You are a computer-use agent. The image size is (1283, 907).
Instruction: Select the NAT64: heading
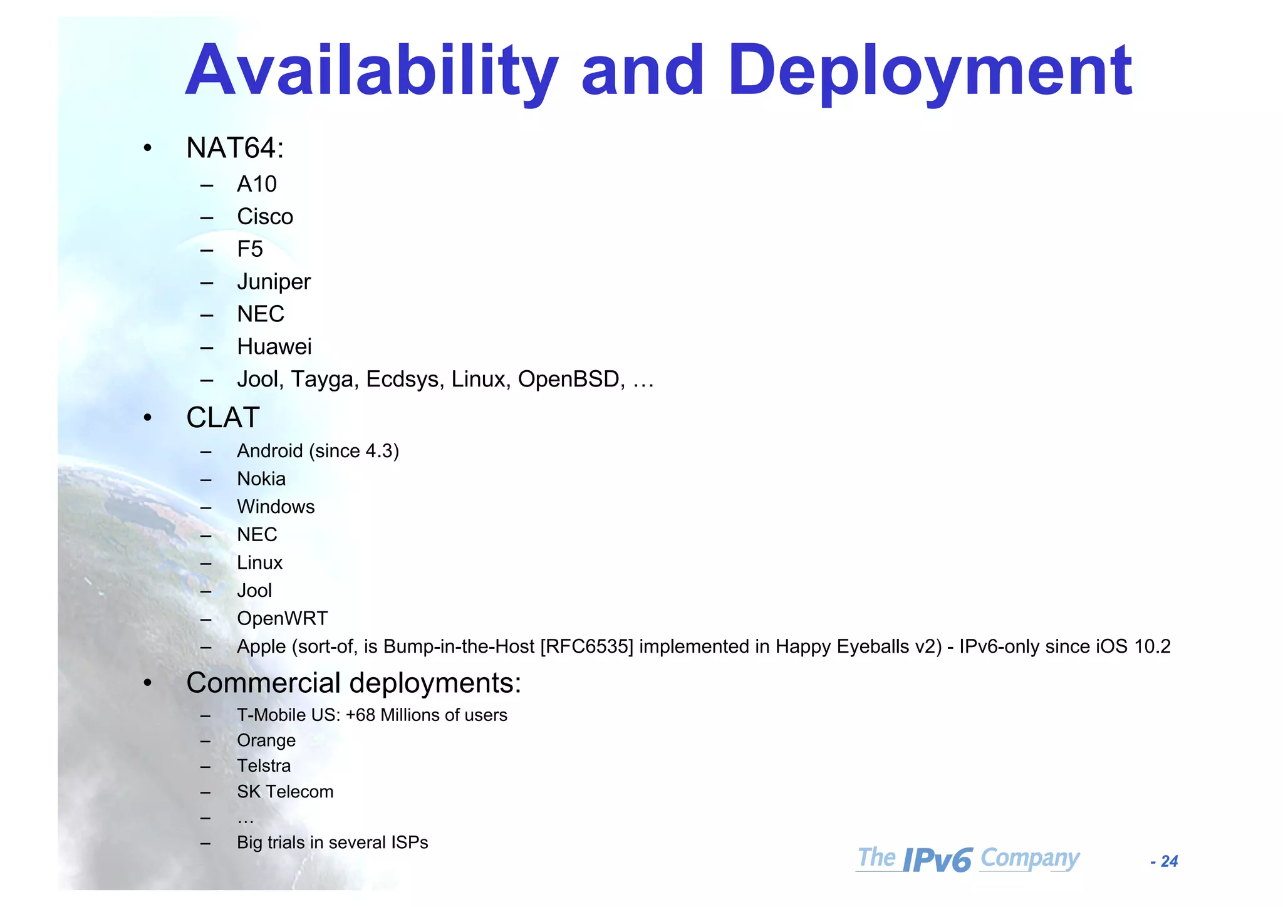pos(235,148)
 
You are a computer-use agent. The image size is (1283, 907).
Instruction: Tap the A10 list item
pos(257,184)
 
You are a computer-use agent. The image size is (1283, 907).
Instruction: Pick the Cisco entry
pos(265,217)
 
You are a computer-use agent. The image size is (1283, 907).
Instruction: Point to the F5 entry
pos(250,249)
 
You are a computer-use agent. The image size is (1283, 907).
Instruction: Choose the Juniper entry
pos(274,282)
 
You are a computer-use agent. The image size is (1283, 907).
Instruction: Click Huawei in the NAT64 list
pos(274,346)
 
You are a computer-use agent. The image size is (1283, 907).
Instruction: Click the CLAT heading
pos(222,418)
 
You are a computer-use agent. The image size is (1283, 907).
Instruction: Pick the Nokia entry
pos(261,479)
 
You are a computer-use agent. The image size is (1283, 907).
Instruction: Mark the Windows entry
pos(276,507)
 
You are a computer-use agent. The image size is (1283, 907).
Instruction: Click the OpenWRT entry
pos(282,618)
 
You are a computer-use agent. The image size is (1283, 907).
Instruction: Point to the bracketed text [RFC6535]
pos(587,646)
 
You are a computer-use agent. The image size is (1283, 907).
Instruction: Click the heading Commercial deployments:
pos(353,683)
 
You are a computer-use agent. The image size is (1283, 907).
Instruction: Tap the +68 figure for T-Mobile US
pos(360,715)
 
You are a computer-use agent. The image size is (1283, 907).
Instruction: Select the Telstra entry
pos(264,766)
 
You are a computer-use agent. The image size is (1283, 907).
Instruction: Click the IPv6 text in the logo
pos(938,860)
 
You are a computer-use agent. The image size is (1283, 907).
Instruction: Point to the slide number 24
pos(1169,862)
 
